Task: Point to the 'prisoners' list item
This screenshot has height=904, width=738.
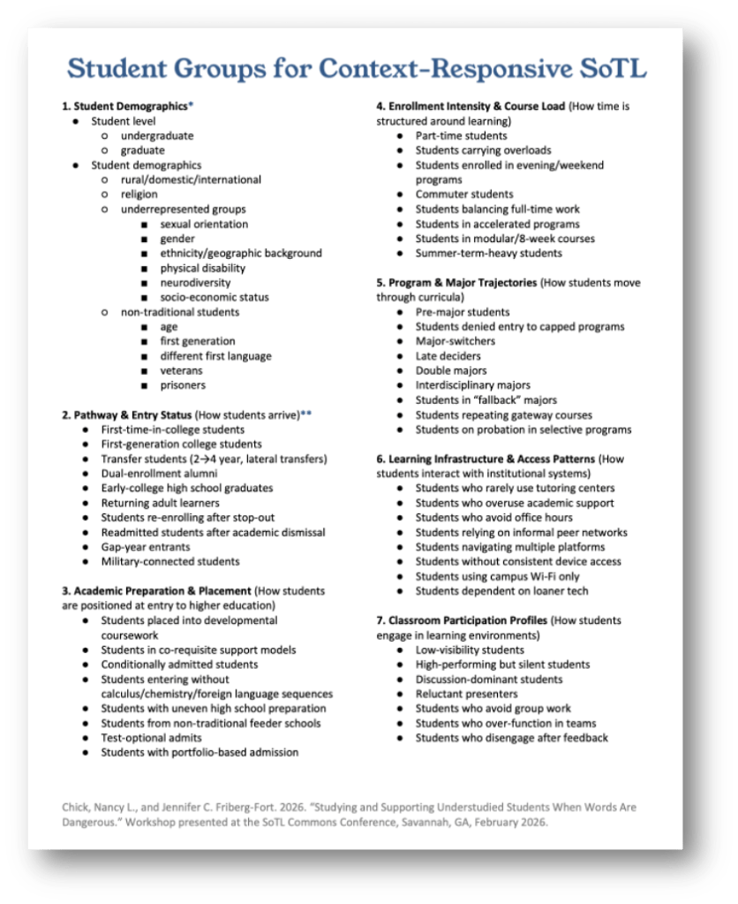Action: point(183,385)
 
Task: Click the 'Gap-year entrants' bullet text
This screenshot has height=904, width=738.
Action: point(145,547)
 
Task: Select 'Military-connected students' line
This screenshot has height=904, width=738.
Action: point(169,561)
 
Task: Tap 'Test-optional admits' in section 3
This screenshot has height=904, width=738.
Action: point(151,738)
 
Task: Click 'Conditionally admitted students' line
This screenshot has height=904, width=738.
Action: point(179,665)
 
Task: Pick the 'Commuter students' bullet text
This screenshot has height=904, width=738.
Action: point(464,194)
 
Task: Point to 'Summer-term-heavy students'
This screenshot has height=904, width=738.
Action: point(488,253)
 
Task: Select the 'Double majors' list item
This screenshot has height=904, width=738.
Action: point(451,370)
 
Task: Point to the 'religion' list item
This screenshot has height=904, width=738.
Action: point(139,194)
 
